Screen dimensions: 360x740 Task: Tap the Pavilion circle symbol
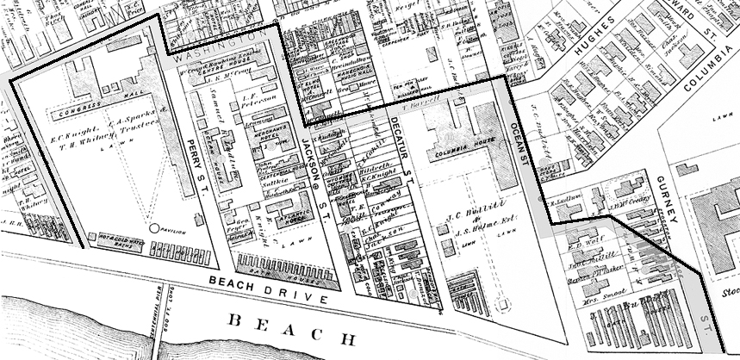(x=155, y=229)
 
